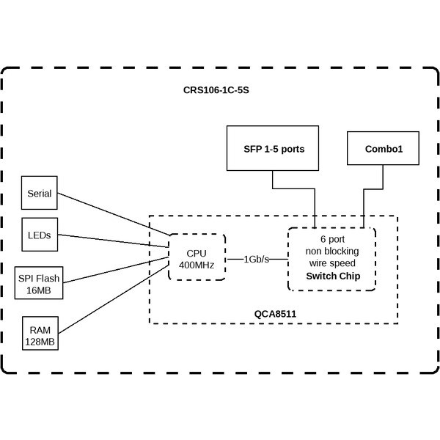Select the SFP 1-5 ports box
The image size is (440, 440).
274,148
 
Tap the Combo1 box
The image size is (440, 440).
383,148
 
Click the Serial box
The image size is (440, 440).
40,194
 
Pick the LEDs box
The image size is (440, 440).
40,235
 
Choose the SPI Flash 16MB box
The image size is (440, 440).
40,284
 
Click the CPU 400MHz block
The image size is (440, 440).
196,258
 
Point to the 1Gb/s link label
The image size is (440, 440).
257,259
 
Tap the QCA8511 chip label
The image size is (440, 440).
275,314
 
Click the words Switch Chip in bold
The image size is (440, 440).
331,275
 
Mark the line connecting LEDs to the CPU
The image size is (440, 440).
114,241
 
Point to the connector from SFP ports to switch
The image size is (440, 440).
293,189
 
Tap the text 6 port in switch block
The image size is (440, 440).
332,239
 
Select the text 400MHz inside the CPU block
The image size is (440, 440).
196,265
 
